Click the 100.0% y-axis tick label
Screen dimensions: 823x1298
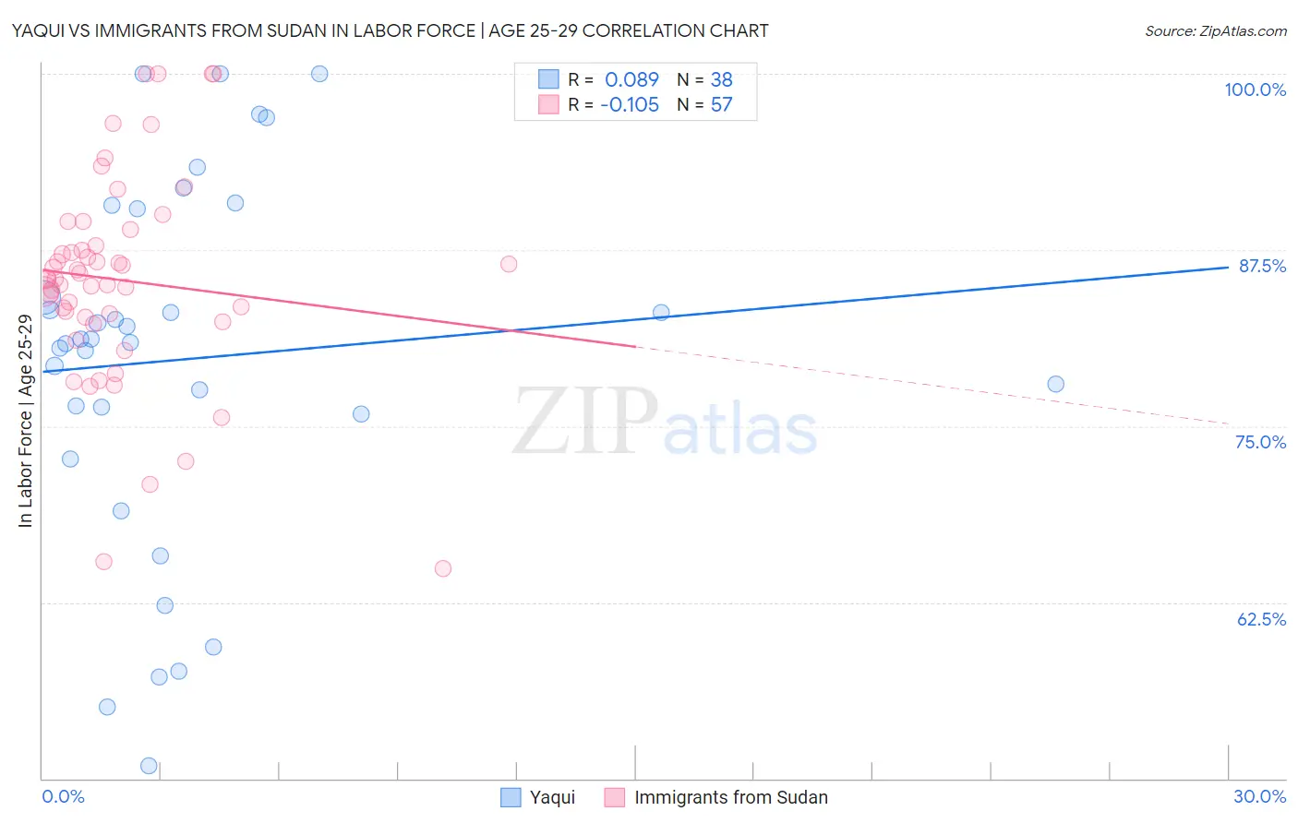pos(1255,89)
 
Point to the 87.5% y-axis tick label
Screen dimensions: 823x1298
pos(1261,266)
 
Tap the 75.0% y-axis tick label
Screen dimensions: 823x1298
pos(1260,442)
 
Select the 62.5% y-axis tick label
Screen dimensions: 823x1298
pos(1261,619)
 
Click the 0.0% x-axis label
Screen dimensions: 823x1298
pos(63,796)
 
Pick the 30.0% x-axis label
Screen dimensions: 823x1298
pos(1259,796)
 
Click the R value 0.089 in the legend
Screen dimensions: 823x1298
pos(631,79)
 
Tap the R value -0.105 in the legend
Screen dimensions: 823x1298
pos(630,104)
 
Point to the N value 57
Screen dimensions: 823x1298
pos(721,104)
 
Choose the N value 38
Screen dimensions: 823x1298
pos(721,79)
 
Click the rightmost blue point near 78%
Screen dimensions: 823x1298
pos(1055,384)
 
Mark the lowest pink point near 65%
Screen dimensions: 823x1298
pos(443,568)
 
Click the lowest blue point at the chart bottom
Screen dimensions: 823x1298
pos(149,766)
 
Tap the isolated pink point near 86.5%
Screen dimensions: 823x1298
pos(509,264)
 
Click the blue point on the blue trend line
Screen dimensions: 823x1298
pos(661,312)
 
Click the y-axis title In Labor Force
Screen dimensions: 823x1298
pos(25,421)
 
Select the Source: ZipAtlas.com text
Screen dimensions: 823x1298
pos(1215,30)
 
